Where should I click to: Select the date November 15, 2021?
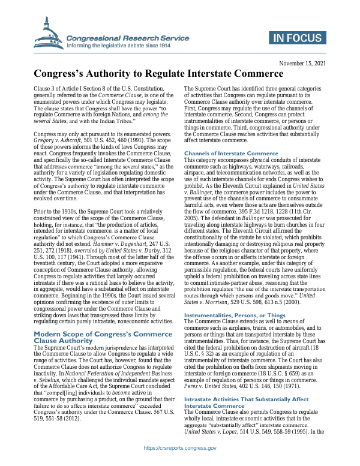[302, 63]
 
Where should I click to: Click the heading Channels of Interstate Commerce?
[231, 154]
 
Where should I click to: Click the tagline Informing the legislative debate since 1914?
[119, 46]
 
